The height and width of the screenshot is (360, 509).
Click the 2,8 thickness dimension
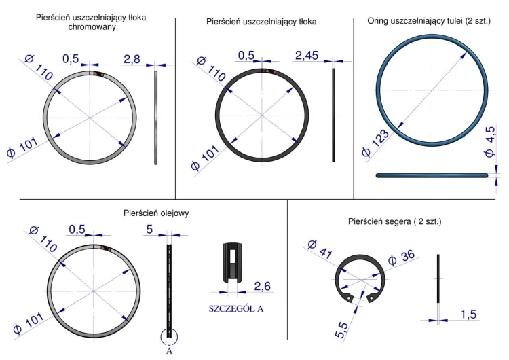pyautogui.click(x=131, y=60)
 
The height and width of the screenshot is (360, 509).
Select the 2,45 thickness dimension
pyautogui.click(x=306, y=56)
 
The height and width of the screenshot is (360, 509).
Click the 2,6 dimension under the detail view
pyautogui.click(x=263, y=286)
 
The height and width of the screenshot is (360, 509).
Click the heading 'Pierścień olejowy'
pyautogui.click(x=155, y=213)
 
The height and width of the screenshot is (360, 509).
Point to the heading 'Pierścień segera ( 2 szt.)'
pyautogui.click(x=394, y=222)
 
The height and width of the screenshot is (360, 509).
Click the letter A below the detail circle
pyautogui.click(x=170, y=352)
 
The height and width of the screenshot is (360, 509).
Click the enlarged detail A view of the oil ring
pyautogui.click(x=232, y=262)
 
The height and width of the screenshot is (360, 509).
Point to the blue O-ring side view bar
pyautogui.click(x=432, y=175)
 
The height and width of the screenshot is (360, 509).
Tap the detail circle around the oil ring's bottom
pyautogui.click(x=170, y=336)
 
